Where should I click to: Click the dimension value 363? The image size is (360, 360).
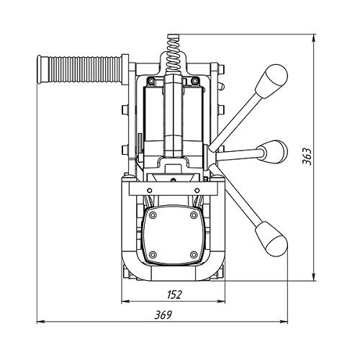pyautogui.click(x=307, y=156)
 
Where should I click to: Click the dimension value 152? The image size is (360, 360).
pyautogui.click(x=175, y=294)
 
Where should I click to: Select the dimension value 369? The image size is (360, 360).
pyautogui.click(x=163, y=315)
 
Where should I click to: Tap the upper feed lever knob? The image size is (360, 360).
pyautogui.click(x=271, y=81)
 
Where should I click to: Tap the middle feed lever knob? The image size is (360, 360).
pyautogui.click(x=274, y=152)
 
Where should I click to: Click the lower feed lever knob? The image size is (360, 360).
pyautogui.click(x=271, y=239)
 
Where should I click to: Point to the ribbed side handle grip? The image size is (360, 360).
pyautogui.click(x=85, y=70)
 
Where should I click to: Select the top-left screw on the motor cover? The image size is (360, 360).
pyautogui.click(x=152, y=215)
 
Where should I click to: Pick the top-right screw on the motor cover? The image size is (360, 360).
pyautogui.click(x=194, y=215)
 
